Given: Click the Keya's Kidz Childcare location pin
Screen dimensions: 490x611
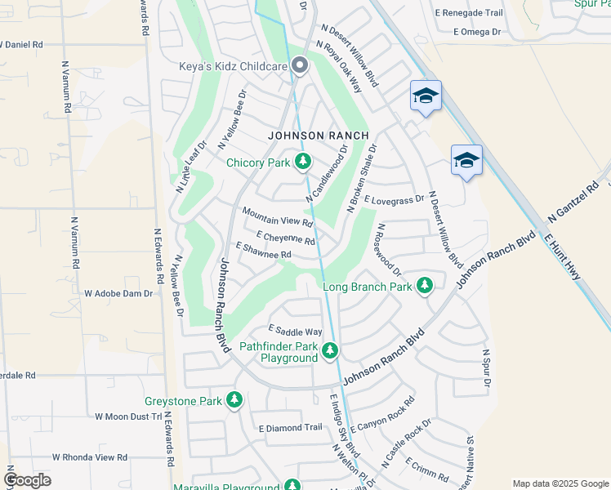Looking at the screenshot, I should click(x=300, y=66).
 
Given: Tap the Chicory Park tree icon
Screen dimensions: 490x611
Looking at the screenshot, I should click(x=303, y=162).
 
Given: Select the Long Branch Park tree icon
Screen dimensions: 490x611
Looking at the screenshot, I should click(x=424, y=286).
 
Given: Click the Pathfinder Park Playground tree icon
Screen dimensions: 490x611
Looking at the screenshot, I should click(x=329, y=351).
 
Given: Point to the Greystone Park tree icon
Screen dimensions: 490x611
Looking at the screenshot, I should click(x=234, y=400).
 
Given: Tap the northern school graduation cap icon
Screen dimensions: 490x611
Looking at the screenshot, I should click(x=426, y=96).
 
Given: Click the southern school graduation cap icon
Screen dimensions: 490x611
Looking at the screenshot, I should click(x=466, y=160).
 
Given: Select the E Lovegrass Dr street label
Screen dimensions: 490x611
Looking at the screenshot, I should click(x=395, y=198).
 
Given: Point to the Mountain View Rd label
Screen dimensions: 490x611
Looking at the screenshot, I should click(x=278, y=216).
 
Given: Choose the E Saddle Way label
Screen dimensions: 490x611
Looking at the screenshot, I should click(x=296, y=331).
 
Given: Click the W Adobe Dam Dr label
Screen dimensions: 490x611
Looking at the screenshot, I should click(x=118, y=292).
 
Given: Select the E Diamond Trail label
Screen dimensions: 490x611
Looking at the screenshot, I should click(x=291, y=427).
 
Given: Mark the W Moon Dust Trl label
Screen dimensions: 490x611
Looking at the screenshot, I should click(x=128, y=416).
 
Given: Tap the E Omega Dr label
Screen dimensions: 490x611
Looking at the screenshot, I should click(x=467, y=32).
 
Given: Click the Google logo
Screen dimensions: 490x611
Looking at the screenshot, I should click(x=27, y=480).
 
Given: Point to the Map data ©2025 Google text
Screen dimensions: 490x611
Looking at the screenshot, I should click(x=560, y=483).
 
